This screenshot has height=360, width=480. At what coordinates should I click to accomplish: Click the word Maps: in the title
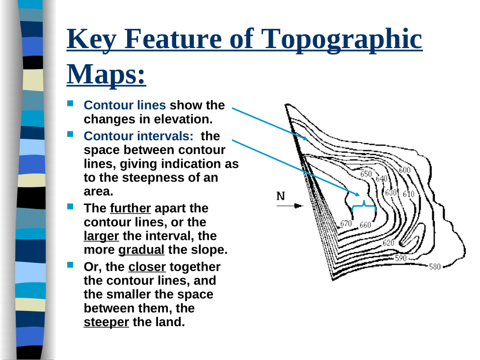point(106,74)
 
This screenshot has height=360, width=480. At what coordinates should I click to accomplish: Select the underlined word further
point(131,208)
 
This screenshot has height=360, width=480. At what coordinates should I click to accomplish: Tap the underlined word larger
point(101,236)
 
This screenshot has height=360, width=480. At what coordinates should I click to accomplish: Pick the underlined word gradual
point(141,250)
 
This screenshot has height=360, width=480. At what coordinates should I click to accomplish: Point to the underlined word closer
point(147,267)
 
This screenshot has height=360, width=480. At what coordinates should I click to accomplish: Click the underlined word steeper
point(106,322)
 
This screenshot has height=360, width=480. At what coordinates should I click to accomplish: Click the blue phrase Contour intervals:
point(139,136)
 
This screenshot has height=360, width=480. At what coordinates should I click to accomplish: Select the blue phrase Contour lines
point(125,105)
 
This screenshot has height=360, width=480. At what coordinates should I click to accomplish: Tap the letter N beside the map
point(281,196)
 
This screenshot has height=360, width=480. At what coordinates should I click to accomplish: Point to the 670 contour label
point(346,224)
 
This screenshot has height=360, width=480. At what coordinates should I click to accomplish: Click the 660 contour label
point(365,225)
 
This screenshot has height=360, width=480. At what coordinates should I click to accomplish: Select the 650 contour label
point(366,174)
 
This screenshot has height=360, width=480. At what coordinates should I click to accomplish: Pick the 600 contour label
point(404,170)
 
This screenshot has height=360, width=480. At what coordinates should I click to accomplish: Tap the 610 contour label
point(408,194)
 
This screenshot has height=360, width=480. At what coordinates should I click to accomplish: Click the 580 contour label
point(435,267)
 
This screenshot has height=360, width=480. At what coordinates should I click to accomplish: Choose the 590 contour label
point(401,258)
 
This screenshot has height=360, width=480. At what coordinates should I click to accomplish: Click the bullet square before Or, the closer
point(71,265)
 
